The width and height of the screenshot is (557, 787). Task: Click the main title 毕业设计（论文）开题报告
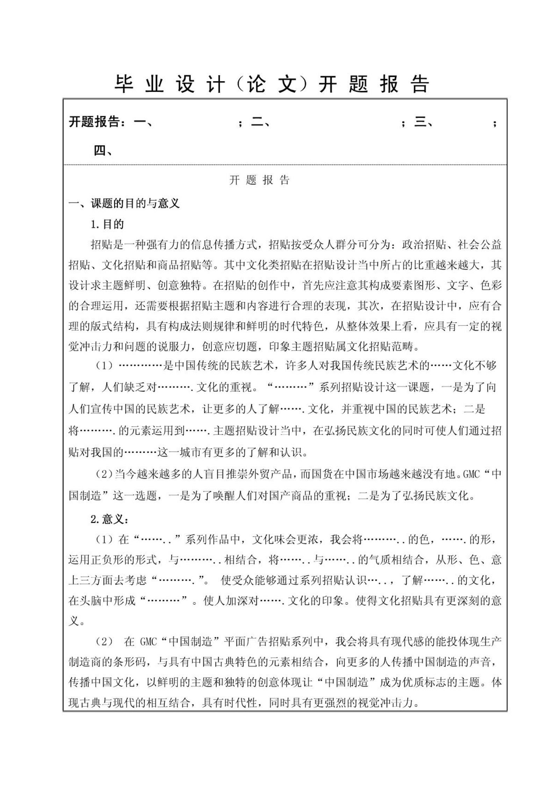coord(272,84)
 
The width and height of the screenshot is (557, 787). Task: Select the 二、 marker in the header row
coord(260,122)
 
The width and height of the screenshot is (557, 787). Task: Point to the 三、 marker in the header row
coord(424,122)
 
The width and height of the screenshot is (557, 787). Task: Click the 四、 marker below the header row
coord(103,151)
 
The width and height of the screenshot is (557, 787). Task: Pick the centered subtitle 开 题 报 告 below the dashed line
coord(259,180)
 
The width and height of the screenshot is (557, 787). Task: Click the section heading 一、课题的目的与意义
coord(124,203)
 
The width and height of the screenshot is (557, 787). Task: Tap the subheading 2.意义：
coord(109,519)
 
